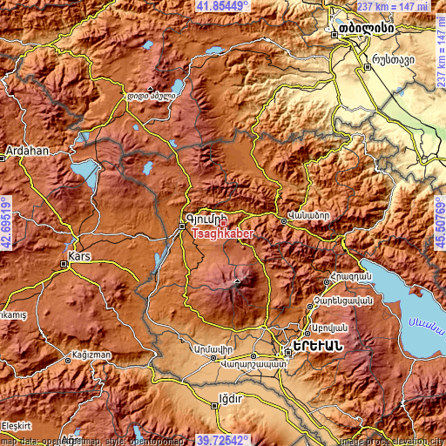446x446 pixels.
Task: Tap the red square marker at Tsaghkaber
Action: point(223,224)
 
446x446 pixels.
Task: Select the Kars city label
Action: point(79,255)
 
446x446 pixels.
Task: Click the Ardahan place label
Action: point(28,150)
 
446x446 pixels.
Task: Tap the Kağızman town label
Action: point(96,358)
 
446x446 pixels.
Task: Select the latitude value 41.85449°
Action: point(222,6)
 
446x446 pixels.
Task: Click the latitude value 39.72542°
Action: point(222,440)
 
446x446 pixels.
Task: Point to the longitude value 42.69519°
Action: point(6,223)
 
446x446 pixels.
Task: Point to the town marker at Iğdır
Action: point(212,402)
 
